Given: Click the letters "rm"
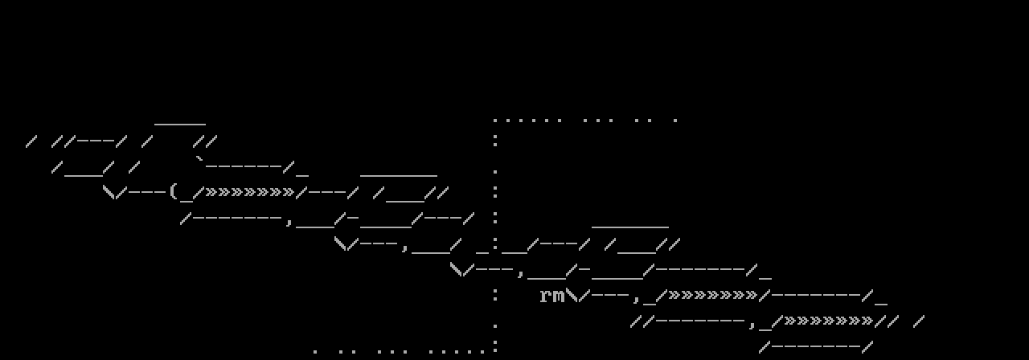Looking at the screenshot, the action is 552,296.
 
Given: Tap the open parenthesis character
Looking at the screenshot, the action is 173,191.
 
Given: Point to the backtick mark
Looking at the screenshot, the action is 200,160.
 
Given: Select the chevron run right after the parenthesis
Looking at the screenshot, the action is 250,192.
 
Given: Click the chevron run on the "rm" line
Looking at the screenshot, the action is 713,295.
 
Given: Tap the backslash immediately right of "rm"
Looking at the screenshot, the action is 572,295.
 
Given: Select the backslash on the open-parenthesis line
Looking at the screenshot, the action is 109,192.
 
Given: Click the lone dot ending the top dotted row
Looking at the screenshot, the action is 675,121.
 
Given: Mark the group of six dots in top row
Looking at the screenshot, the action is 527,121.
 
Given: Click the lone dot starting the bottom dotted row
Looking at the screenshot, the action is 315,352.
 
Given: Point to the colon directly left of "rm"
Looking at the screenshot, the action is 495,295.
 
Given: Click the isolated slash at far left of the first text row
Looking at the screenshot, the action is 31,141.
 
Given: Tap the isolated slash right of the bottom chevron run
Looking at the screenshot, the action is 919,321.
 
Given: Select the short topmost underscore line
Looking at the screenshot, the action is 180,124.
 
